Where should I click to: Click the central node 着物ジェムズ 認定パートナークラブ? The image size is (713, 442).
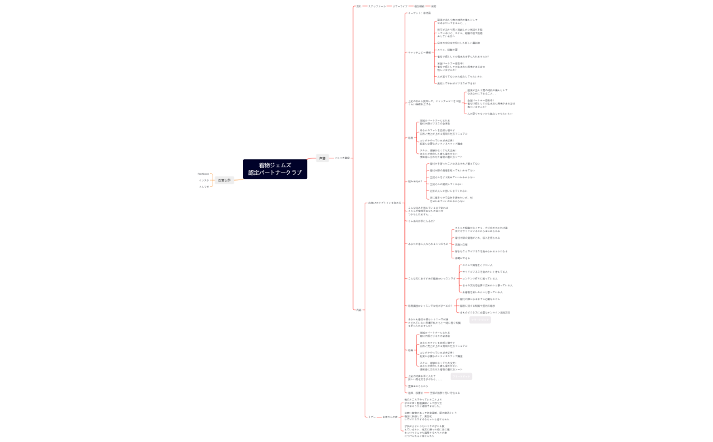(x=275, y=169)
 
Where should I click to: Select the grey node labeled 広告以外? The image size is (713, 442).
(x=224, y=180)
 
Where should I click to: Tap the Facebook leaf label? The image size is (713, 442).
(x=204, y=174)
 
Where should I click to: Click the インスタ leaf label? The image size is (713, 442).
(x=204, y=180)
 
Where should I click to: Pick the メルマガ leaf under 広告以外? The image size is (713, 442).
(x=204, y=186)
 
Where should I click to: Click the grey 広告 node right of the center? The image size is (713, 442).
(x=322, y=158)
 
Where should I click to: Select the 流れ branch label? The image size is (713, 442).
(x=359, y=6)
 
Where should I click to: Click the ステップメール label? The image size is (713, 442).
(x=377, y=6)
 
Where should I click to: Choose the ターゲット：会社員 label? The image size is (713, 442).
(x=419, y=13)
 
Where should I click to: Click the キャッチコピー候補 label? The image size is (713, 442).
(x=419, y=52)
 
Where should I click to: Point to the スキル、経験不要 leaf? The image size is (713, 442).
(x=447, y=50)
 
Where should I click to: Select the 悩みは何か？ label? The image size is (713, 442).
(x=414, y=182)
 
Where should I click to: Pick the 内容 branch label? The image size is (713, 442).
(x=359, y=309)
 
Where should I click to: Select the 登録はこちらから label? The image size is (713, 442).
(x=418, y=386)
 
